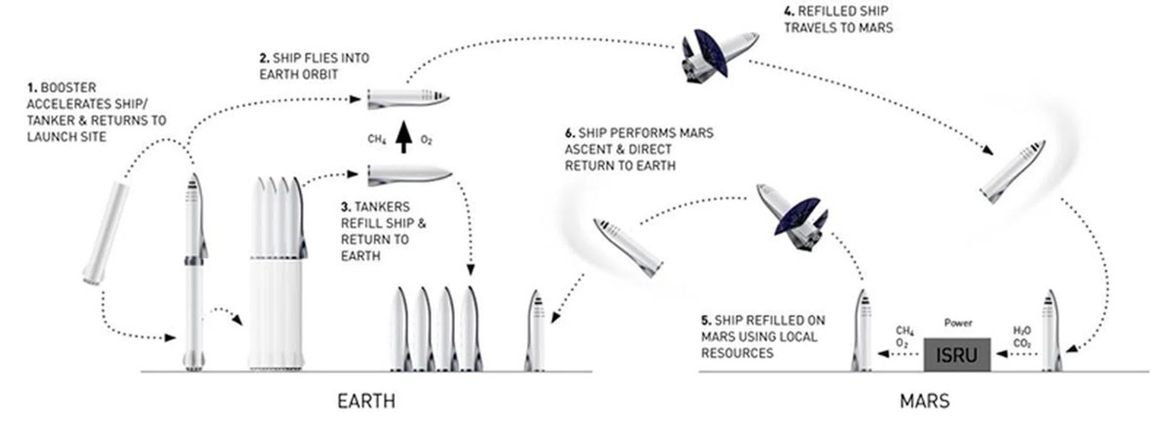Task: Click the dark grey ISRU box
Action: pyautogui.click(x=957, y=354)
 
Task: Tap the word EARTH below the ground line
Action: pyautogui.click(x=366, y=401)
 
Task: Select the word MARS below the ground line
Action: pyautogui.click(x=924, y=401)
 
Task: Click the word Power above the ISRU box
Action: pyautogui.click(x=958, y=323)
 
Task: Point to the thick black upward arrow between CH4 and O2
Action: pyautogui.click(x=403, y=137)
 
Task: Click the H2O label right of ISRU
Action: pyautogui.click(x=1022, y=331)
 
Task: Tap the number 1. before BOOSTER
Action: pyautogui.click(x=32, y=88)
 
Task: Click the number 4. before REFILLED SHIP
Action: pyautogui.click(x=789, y=12)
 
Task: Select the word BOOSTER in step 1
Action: pyautogui.click(x=68, y=88)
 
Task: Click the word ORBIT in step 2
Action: pyautogui.click(x=318, y=74)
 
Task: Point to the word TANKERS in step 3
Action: pyautogui.click(x=382, y=207)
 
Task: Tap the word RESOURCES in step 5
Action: pyautogui.click(x=737, y=353)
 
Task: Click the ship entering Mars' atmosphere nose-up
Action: pyautogui.click(x=1013, y=172)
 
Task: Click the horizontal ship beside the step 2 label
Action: pyautogui.click(x=408, y=98)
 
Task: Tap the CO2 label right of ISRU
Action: pyautogui.click(x=1022, y=343)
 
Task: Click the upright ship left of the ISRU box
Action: pyautogui.click(x=863, y=331)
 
